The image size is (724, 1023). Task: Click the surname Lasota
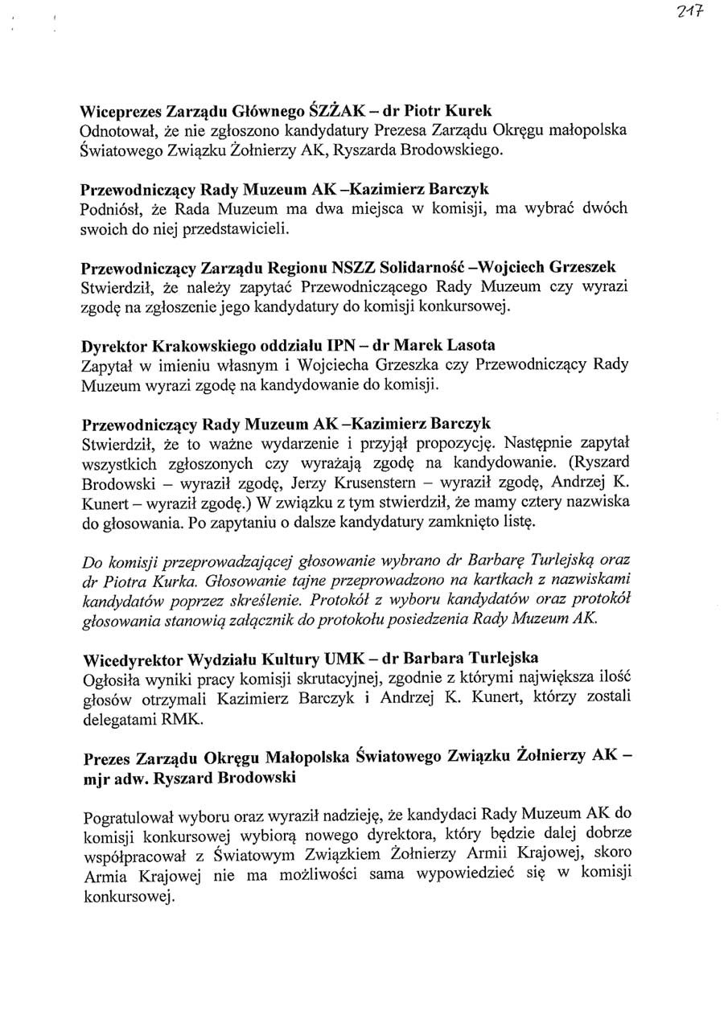click(467, 347)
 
